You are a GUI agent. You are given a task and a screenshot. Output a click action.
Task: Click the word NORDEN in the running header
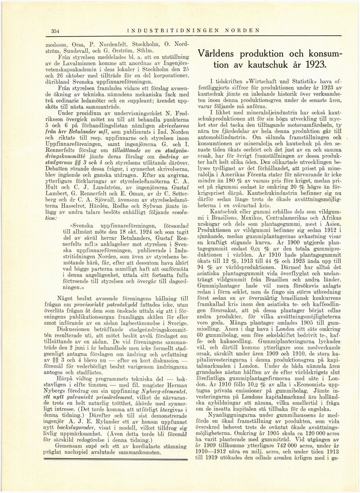coord(242,30)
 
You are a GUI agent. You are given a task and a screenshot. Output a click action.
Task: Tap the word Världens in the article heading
coord(217,54)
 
